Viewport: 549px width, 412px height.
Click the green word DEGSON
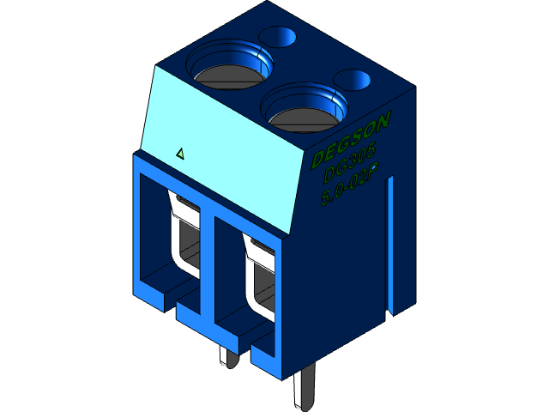(x=352, y=139)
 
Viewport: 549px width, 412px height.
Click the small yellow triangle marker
(x=180, y=154)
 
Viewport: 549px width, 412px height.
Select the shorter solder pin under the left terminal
(x=226, y=357)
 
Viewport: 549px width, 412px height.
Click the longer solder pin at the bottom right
(x=303, y=391)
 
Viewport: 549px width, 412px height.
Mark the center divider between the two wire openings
(x=206, y=257)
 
